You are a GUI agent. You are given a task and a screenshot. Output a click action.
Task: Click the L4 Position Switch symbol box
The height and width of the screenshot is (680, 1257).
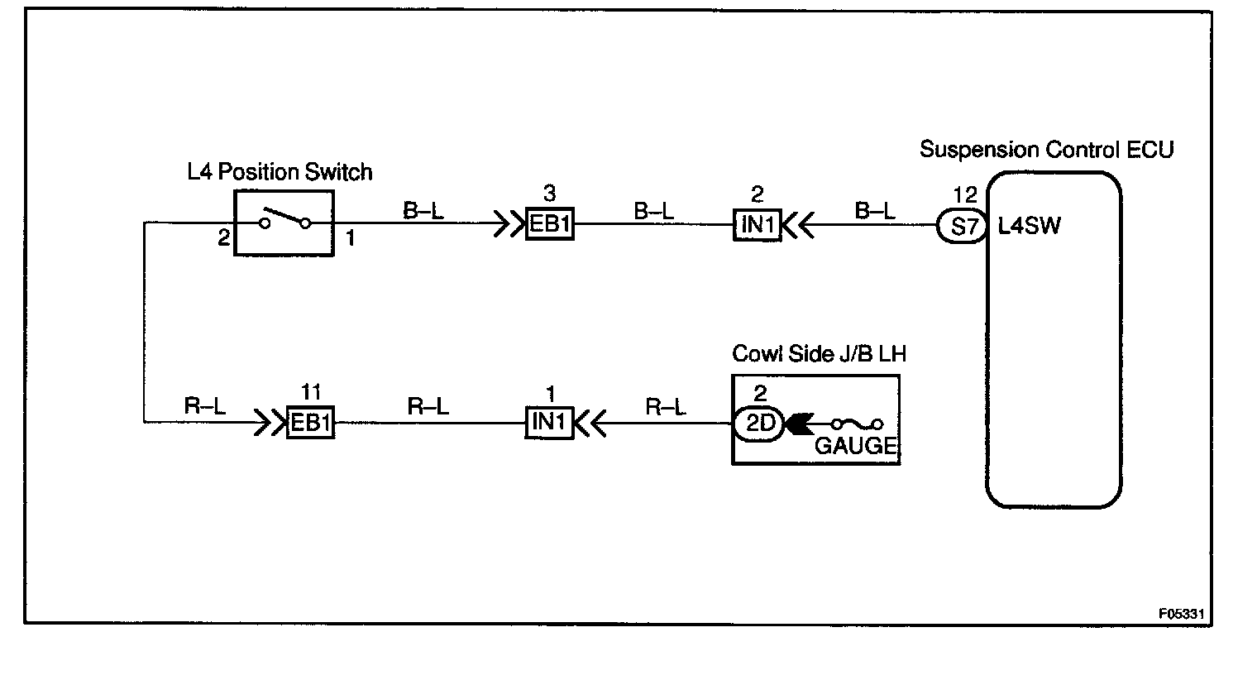pos(284,223)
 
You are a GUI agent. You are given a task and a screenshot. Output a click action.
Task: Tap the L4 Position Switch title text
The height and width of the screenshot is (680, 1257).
pos(280,172)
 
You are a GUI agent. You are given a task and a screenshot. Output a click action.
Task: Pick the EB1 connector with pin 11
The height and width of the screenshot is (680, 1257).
pos(310,423)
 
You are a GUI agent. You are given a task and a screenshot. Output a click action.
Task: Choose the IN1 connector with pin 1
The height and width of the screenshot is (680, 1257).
pos(550,423)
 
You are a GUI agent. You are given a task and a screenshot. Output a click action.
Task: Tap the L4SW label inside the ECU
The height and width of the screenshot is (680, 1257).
pos(1029,226)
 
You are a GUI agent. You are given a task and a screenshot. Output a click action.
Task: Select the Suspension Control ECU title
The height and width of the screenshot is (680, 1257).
pos(1046,150)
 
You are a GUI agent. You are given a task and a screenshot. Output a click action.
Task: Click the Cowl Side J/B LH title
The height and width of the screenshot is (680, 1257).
pos(819,354)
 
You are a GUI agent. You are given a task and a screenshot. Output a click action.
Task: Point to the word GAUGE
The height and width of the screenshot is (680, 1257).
pos(855,446)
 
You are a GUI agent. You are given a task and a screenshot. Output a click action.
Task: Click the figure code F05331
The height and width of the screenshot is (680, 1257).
pos(1183,614)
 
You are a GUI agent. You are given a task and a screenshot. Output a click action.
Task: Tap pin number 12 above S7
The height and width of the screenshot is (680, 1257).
pos(964,195)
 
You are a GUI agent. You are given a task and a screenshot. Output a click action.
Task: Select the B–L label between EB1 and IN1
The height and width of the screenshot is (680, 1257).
pos(653,211)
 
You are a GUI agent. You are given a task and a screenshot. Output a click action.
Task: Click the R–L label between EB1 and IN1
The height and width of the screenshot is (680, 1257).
pos(428,407)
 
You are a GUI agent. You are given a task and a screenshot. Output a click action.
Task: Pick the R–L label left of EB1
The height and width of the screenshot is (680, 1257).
pos(205,407)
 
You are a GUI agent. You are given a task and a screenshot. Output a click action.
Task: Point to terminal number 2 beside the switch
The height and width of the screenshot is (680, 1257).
pos(223,239)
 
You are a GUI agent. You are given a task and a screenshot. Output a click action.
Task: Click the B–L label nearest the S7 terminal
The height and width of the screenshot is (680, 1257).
pos(875,211)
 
